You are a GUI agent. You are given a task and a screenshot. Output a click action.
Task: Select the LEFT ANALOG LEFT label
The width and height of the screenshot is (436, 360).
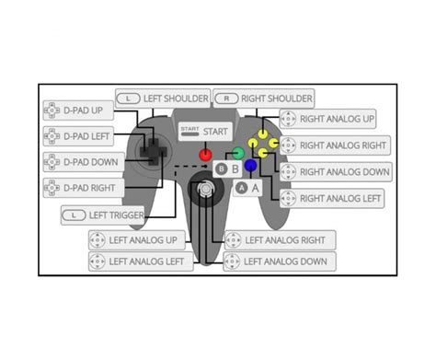click(142, 261)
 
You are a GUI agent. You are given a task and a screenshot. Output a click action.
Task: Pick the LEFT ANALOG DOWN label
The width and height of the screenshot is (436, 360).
click(280, 261)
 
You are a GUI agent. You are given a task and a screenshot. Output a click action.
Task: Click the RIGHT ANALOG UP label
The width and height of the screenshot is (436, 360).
click(337, 119)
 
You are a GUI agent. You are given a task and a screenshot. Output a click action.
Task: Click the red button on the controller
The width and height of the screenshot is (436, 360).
click(206, 154)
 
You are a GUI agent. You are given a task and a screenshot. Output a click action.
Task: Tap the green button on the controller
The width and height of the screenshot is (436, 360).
click(237, 153)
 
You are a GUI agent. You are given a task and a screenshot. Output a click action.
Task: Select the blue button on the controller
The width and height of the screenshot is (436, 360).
click(250, 166)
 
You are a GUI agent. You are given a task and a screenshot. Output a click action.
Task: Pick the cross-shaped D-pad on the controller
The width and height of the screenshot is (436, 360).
click(149, 151)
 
